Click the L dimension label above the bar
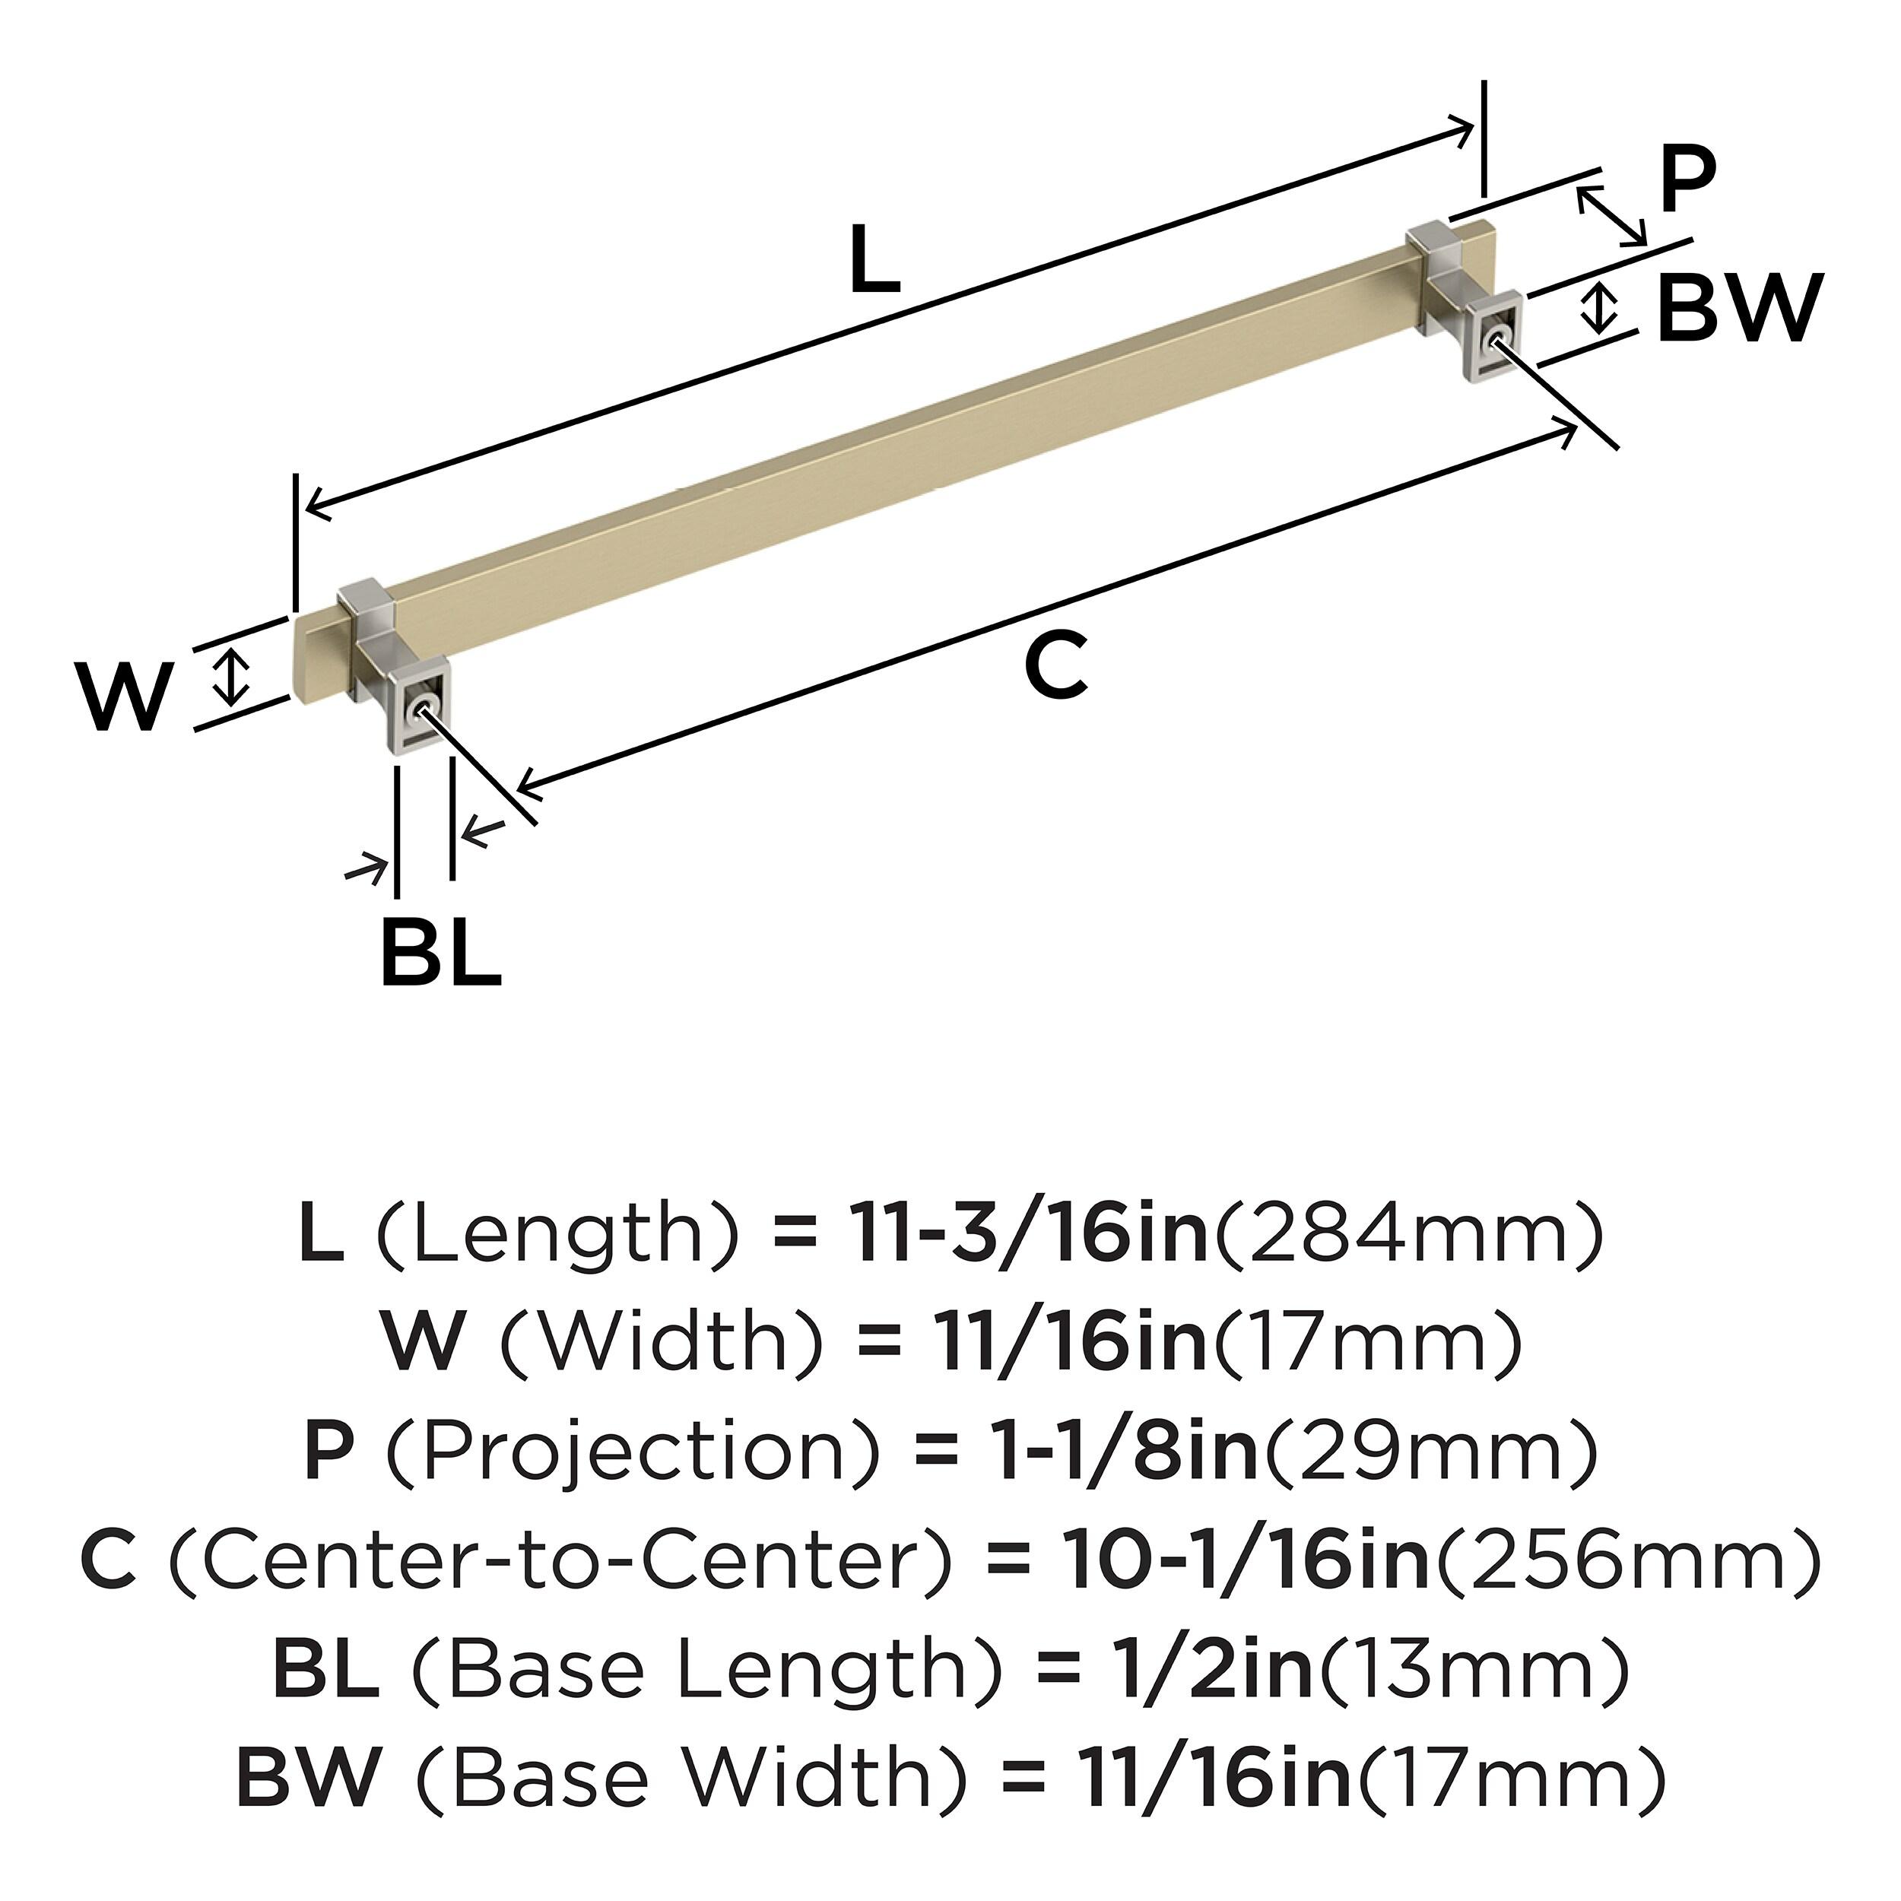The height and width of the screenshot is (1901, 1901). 874,260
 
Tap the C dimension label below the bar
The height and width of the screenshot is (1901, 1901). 1055,666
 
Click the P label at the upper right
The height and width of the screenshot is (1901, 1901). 1687,179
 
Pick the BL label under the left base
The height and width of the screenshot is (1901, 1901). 440,950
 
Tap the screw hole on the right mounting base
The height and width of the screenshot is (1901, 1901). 1497,338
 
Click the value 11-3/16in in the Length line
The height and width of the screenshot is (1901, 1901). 1027,1236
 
